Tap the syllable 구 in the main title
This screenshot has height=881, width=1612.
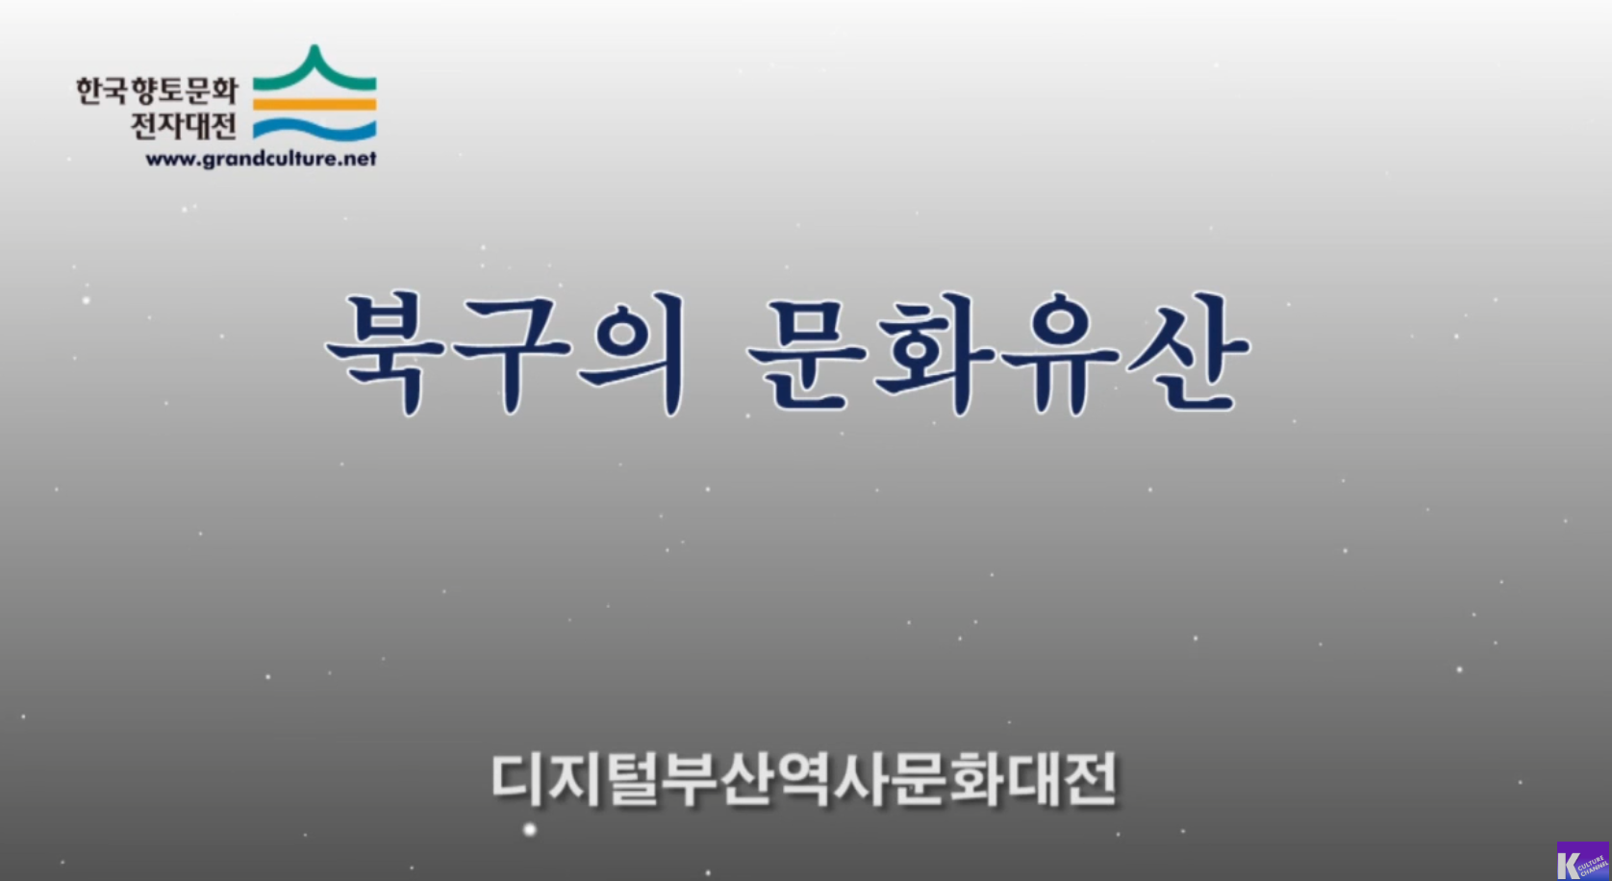point(512,354)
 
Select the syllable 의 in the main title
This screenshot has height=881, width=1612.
point(633,353)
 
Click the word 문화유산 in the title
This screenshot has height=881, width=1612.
point(998,353)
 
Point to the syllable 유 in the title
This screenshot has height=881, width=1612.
point(1061,354)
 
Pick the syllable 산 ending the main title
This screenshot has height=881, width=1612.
point(1189,353)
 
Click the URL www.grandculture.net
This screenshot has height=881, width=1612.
point(261,159)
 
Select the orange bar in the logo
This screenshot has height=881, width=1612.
point(315,105)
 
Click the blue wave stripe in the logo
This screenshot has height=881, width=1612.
point(315,129)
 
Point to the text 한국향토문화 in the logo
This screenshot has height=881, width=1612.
point(157,90)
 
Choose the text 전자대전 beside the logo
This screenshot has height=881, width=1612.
point(184,125)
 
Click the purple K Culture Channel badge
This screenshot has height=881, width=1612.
point(1583,861)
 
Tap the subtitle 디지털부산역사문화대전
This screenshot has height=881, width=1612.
point(805,779)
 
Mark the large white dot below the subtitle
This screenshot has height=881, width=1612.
point(530,830)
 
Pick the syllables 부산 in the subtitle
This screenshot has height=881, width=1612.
point(718,779)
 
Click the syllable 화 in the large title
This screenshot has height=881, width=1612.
point(934,354)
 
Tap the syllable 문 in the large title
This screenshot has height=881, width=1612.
point(807,354)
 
